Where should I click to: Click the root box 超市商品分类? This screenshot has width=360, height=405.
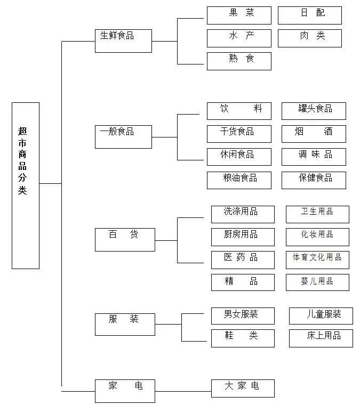[26, 185]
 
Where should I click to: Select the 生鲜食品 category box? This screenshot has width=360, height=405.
[123, 40]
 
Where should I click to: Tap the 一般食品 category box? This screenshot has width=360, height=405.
[123, 136]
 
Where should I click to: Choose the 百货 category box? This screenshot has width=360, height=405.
[125, 239]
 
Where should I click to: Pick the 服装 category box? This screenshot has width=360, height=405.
[125, 324]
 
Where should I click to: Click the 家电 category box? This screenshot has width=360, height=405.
[125, 391]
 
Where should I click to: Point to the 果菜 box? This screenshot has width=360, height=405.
[239, 15]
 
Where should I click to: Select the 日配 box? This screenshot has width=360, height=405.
[309, 15]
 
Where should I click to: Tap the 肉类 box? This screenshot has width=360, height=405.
[309, 38]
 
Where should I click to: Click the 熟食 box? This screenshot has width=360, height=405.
[239, 61]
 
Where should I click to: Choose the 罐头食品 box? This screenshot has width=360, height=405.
[314, 110]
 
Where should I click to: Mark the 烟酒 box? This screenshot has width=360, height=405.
[314, 133]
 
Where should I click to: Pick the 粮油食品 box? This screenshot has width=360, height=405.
[239, 180]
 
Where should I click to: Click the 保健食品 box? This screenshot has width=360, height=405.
[314, 180]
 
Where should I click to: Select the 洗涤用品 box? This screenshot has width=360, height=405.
[243, 214]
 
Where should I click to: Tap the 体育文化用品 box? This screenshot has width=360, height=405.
[317, 260]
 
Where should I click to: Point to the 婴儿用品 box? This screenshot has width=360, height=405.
[317, 282]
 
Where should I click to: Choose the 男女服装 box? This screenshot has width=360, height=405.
[243, 315]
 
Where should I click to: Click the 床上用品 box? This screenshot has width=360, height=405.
[321, 338]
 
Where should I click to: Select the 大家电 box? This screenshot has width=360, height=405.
[243, 388]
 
